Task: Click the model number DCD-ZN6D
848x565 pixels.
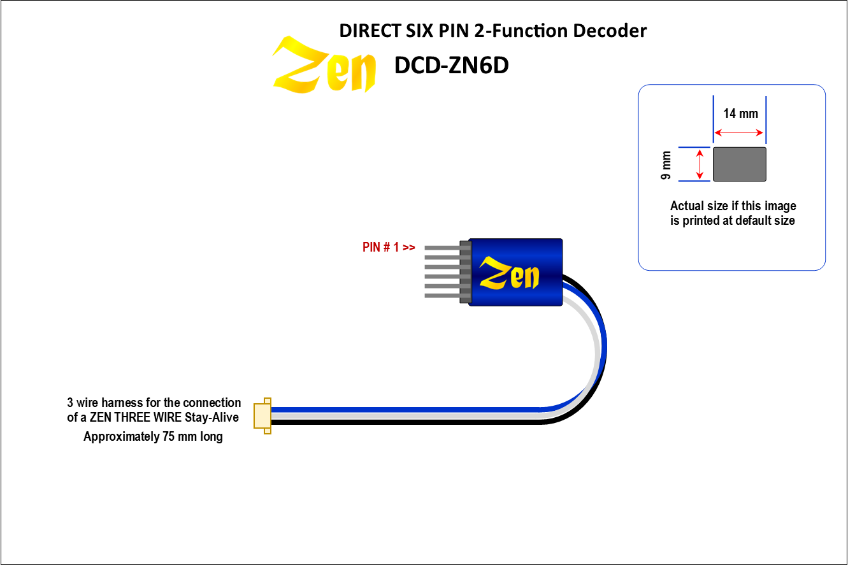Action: pos(451,65)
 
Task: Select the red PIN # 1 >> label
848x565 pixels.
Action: pos(389,247)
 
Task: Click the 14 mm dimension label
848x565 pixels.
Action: pos(740,113)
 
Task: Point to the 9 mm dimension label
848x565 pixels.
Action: pos(666,164)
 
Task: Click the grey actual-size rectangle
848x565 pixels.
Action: pos(739,164)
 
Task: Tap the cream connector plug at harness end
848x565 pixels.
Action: pos(262,415)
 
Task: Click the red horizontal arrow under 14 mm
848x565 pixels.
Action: pos(738,133)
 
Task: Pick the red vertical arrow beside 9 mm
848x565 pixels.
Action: pos(700,164)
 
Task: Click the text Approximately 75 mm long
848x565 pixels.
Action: pos(153,437)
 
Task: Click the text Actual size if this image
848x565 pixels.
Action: pos(733,206)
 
